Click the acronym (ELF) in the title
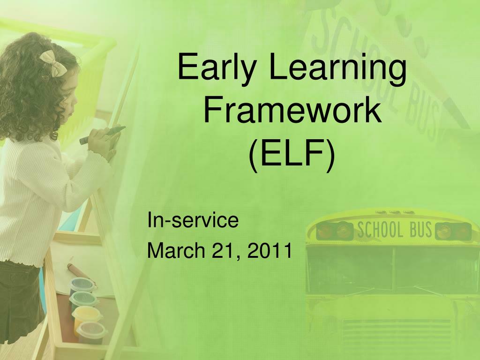pos(292,155)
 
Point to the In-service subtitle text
pos(193,221)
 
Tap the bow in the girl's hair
pos(53,63)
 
